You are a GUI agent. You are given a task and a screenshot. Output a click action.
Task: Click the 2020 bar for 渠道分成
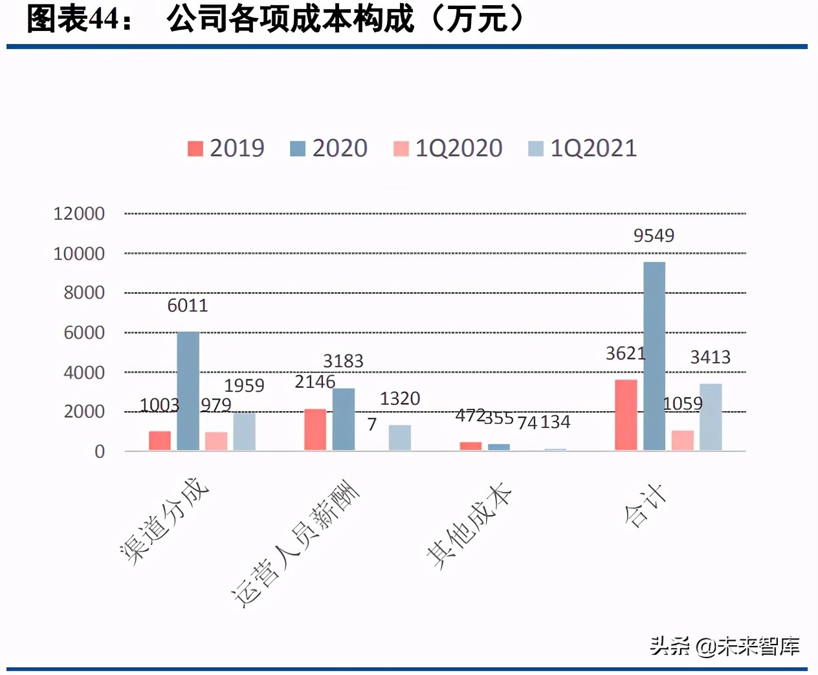click(188, 391)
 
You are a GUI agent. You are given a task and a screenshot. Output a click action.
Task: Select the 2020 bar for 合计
click(654, 356)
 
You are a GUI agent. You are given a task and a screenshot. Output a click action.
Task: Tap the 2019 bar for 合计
click(626, 414)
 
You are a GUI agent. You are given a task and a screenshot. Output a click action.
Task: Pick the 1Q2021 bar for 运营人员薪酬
click(400, 437)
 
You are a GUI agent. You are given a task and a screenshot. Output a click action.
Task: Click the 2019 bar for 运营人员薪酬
click(315, 429)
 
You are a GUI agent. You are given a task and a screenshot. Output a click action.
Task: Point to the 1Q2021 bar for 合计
click(711, 417)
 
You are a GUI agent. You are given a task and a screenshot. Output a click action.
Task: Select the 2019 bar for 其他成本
click(470, 445)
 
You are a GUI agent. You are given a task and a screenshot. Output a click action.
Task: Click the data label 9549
click(654, 235)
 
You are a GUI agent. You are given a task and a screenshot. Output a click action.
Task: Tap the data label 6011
click(188, 305)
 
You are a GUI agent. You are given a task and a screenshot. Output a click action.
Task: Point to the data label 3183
click(343, 361)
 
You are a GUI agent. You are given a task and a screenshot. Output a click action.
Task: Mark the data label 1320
click(400, 398)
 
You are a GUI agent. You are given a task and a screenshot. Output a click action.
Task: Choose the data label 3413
click(710, 357)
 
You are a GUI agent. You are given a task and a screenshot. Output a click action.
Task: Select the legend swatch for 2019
click(195, 149)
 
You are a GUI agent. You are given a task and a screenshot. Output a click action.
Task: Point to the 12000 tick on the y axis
click(79, 213)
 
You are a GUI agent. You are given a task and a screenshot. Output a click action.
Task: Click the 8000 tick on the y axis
click(84, 293)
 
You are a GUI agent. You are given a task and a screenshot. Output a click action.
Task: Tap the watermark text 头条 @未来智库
click(725, 645)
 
